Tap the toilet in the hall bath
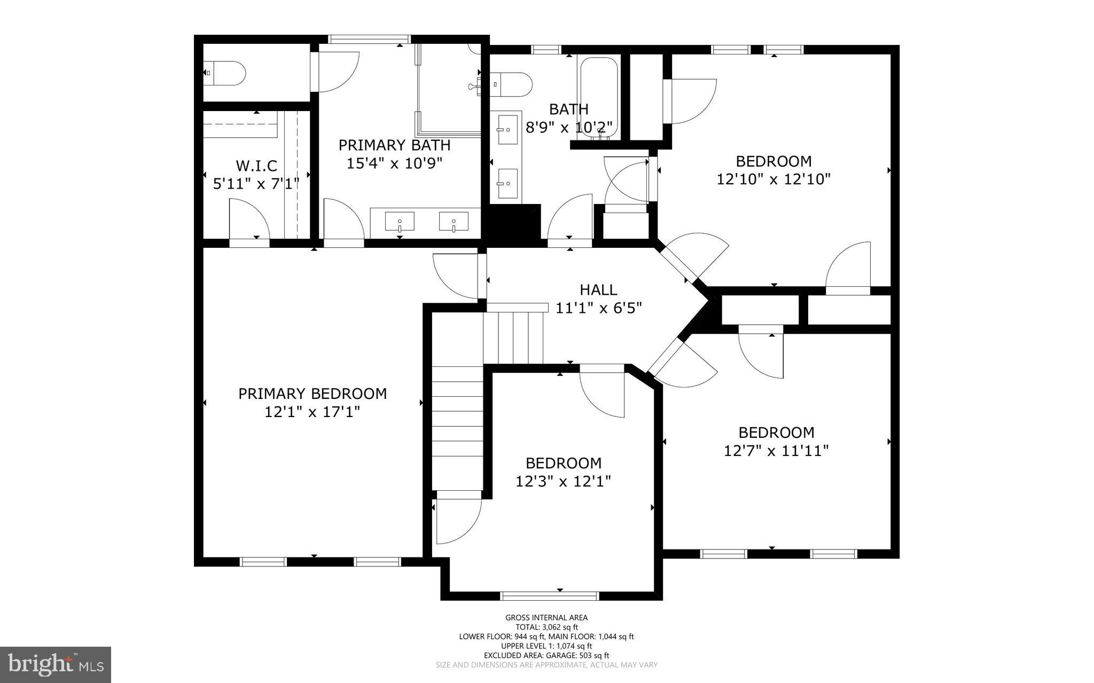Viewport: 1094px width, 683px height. pyautogui.click(x=513, y=84)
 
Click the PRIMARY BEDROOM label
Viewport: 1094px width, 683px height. pyautogui.click(x=312, y=394)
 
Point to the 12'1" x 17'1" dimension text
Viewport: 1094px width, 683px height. pyautogui.click(x=312, y=412)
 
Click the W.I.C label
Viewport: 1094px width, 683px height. pyautogui.click(x=256, y=166)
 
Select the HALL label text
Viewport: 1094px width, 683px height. pyautogui.click(x=598, y=290)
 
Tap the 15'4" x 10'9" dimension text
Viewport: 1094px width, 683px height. pyautogui.click(x=394, y=163)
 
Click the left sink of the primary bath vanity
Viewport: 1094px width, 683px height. pyautogui.click(x=400, y=221)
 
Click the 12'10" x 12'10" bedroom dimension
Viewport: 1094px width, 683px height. pyautogui.click(x=773, y=179)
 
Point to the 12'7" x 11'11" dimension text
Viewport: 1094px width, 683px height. pyautogui.click(x=776, y=451)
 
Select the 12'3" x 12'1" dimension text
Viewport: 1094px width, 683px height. pyautogui.click(x=563, y=481)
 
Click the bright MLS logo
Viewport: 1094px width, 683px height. pyautogui.click(x=55, y=664)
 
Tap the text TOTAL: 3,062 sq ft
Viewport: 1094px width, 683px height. pyautogui.click(x=546, y=627)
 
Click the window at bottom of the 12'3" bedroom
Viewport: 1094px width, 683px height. pyautogui.click(x=550, y=595)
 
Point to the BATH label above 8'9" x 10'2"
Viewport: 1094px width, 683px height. pyautogui.click(x=569, y=109)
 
